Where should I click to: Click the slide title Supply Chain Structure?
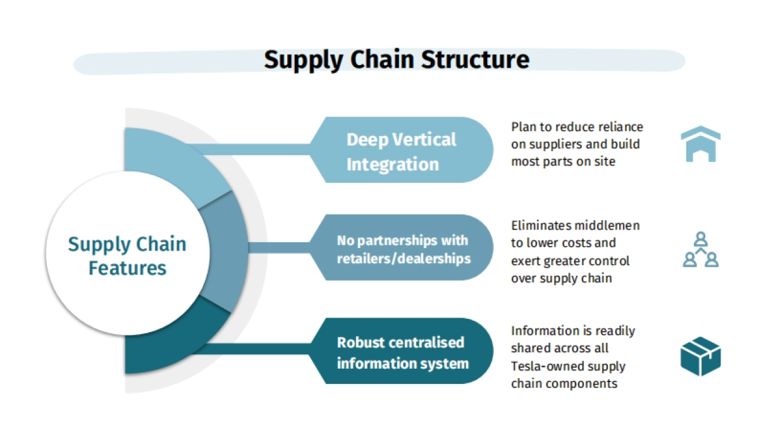(397, 59)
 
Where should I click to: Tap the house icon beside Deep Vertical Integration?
(700, 144)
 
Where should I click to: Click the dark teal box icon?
(700, 356)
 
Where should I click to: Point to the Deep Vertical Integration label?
(401, 152)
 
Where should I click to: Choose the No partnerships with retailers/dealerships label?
(403, 249)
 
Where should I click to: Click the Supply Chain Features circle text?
(127, 256)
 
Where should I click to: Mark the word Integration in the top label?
(392, 164)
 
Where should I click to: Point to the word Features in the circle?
(127, 268)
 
